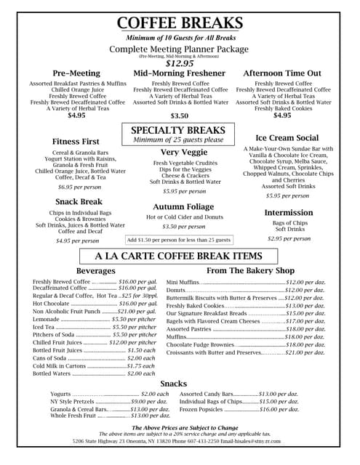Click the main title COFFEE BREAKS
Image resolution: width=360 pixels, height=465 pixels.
click(179, 23)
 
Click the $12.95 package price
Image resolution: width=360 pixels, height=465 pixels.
click(179, 63)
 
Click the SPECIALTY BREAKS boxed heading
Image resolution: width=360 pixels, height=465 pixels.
click(179, 130)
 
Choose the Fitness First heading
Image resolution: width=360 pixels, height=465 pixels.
click(76, 141)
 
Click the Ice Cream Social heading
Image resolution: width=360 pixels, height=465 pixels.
click(287, 137)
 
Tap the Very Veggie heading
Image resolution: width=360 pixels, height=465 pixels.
click(179, 152)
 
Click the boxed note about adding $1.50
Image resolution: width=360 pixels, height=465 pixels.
click(179, 240)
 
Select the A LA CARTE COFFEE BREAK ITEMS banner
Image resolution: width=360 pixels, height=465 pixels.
click(179, 256)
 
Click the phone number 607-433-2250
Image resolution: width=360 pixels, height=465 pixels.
click(180, 441)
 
